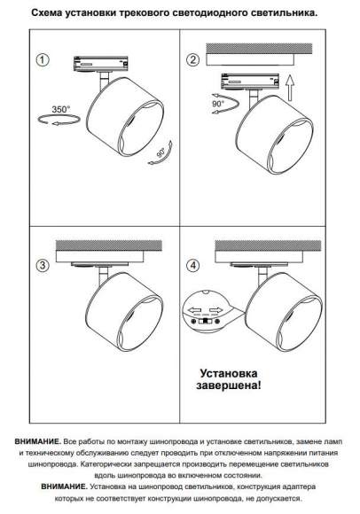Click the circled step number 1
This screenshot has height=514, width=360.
pos(43,60)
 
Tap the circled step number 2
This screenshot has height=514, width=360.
pos(192,60)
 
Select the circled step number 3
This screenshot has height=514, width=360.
pos(43,265)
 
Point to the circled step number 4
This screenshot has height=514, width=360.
pos(192,265)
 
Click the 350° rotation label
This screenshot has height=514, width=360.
pos(61,109)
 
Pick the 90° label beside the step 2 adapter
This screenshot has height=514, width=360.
pos(218,104)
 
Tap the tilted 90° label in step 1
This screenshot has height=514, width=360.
pos(161,152)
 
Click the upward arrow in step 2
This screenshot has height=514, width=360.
pos(290,88)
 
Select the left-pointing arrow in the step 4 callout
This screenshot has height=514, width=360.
pos(194,310)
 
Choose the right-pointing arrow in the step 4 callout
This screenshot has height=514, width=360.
pos(215,310)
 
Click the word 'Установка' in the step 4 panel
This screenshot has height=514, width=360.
pos(229,373)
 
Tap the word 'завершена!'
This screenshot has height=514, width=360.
pos(229,385)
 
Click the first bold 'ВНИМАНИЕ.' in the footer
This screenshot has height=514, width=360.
pos(38,441)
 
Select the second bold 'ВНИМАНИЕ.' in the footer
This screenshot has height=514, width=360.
pos(65,487)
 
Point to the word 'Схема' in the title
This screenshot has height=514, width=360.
pos(47,13)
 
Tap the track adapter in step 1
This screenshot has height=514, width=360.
pos(102,64)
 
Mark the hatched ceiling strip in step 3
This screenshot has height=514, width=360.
pos(109,245)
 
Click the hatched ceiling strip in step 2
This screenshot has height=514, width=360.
pos(259,49)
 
